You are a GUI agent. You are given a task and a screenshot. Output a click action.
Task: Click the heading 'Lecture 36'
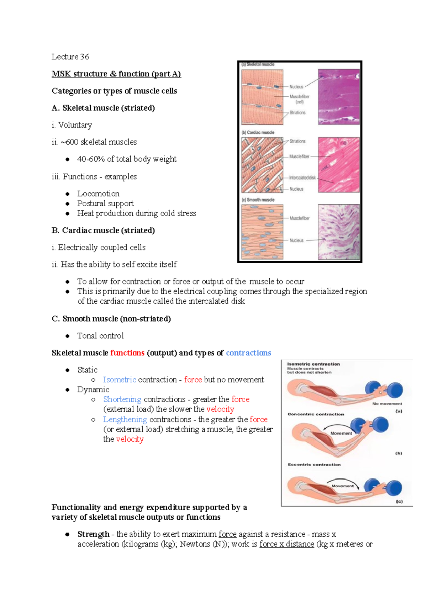click(x=70, y=57)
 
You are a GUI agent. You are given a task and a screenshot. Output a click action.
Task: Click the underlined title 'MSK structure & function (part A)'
click(x=116, y=74)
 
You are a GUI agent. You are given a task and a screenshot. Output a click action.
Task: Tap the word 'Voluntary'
click(x=75, y=125)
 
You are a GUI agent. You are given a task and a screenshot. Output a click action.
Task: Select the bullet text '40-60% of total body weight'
click(x=127, y=159)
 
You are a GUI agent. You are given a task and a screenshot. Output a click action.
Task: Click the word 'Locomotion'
click(x=98, y=194)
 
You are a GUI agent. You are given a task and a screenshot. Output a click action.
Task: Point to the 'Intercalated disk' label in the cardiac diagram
click(x=302, y=178)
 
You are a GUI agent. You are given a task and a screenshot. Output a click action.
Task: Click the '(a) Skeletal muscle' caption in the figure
click(x=258, y=65)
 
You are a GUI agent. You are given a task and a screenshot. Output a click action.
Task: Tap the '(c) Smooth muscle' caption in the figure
click(x=258, y=200)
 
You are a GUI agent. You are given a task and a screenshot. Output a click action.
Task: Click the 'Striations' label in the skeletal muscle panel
click(x=297, y=113)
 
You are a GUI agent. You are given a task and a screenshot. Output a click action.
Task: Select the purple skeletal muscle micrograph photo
click(x=338, y=96)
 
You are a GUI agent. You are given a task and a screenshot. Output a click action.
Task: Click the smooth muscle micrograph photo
click(x=338, y=232)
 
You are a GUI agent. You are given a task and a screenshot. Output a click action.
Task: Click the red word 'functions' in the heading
click(x=127, y=353)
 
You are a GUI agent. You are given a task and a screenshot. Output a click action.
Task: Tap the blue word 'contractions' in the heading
click(x=248, y=353)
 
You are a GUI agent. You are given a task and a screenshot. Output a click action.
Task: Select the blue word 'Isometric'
click(x=120, y=380)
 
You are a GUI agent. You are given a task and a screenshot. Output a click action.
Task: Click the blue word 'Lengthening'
click(x=125, y=420)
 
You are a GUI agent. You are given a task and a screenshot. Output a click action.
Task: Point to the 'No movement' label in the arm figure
click(x=387, y=404)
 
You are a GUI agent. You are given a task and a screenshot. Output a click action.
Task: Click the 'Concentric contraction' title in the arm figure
click(x=316, y=414)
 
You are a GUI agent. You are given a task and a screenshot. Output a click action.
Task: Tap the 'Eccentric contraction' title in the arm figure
click(x=314, y=465)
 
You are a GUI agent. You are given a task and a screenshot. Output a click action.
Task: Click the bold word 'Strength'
click(x=93, y=534)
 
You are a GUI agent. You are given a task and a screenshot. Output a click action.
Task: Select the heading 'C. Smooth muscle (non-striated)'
click(x=111, y=319)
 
